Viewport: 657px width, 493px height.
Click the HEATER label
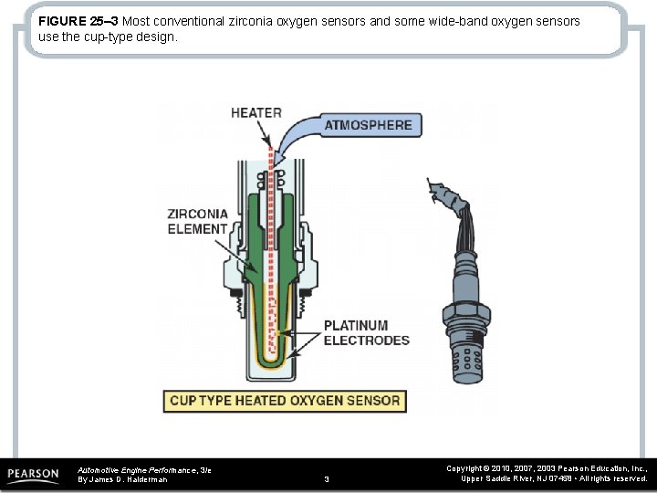click(255, 113)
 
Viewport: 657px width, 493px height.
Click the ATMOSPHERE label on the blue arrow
click(370, 125)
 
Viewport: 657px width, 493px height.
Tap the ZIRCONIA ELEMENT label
click(197, 221)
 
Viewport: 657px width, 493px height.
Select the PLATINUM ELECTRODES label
click(367, 332)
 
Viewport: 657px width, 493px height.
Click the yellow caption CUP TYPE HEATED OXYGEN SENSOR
click(284, 401)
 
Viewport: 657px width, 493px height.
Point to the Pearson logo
click(34, 475)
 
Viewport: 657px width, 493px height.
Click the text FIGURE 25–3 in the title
click(78, 20)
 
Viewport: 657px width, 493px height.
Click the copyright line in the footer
click(547, 467)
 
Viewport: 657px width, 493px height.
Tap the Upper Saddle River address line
click(555, 478)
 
